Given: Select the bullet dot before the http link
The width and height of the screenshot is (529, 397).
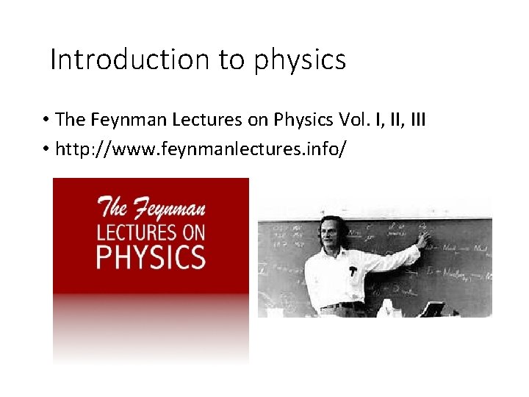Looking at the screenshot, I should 46,150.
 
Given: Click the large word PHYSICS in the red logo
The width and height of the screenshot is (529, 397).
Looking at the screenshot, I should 151,257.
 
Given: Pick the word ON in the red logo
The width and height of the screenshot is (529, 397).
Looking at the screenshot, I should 192,232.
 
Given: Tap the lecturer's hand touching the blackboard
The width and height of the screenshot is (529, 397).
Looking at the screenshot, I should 422,239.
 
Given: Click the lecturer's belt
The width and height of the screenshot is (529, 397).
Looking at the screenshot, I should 344,305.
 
